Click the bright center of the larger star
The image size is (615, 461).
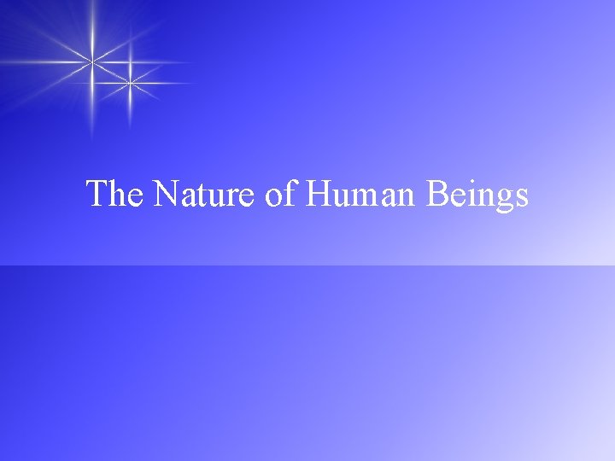tap(92, 59)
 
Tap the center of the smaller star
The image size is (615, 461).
tap(129, 83)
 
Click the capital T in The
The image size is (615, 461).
tap(97, 195)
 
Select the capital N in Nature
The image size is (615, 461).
tap(167, 195)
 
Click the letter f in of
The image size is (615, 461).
tap(290, 194)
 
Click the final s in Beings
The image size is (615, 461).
tap(521, 198)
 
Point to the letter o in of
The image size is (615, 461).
tap(274, 198)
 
